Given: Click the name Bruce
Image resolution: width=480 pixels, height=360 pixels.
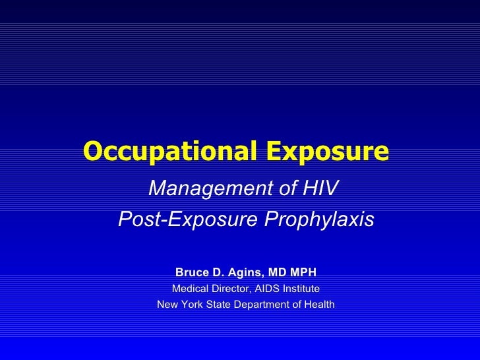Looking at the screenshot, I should tap(191, 272).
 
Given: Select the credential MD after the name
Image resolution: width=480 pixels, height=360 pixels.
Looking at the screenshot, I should tap(276, 272).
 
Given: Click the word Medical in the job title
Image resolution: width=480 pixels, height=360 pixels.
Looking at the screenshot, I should tap(189, 289).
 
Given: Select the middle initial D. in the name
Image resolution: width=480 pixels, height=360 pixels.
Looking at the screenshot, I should tap(215, 272).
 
